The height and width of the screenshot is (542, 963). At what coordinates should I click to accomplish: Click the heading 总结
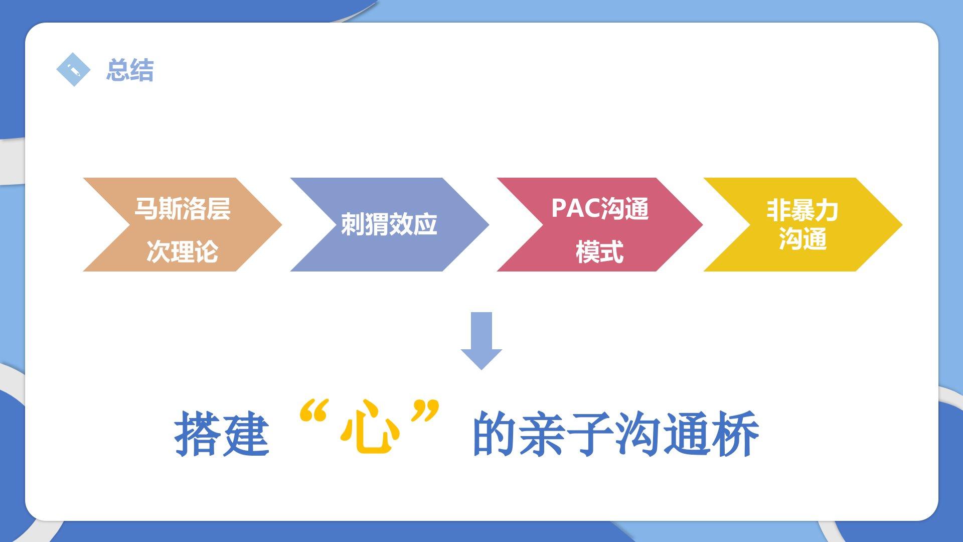pyautogui.click(x=130, y=70)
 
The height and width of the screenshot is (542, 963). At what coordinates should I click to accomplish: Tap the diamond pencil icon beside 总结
pyautogui.click(x=73, y=69)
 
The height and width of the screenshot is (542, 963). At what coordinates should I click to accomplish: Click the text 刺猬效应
pyautogui.click(x=389, y=224)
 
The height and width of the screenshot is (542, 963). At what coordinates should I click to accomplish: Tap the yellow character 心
pyautogui.click(x=370, y=428)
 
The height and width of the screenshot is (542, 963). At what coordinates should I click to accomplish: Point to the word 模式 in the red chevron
pyautogui.click(x=599, y=252)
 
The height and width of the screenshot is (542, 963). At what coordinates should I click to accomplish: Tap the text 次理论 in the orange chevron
pyautogui.click(x=182, y=251)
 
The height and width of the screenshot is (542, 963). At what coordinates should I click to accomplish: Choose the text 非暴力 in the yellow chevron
pyautogui.click(x=802, y=210)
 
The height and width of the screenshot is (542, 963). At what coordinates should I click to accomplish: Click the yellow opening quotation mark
pyautogui.click(x=313, y=411)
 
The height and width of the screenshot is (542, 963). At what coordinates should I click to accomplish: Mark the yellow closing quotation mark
pyautogui.click(x=425, y=411)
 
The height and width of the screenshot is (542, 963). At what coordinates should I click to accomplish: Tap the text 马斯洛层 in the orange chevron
pyautogui.click(x=182, y=208)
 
